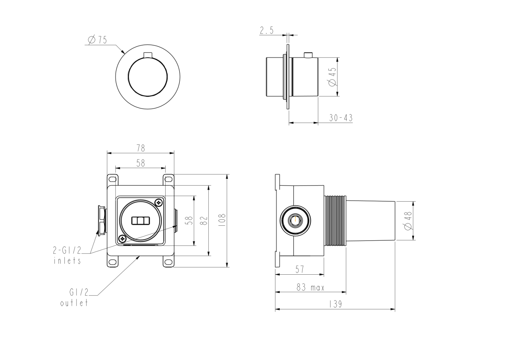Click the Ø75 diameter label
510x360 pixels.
[97, 40]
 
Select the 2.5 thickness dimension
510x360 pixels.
[267, 31]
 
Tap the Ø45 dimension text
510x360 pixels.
[332, 77]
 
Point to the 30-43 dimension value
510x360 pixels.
[341, 118]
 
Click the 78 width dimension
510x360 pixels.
[140, 148]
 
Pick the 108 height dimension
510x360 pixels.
[222, 221]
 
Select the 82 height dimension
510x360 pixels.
[203, 221]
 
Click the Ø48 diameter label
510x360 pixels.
[408, 221]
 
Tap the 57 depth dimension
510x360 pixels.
[299, 270]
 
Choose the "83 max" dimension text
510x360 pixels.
[310, 288]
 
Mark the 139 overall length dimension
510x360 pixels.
[335, 305]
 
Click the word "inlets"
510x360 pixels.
[67, 261]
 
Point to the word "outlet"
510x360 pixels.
[74, 303]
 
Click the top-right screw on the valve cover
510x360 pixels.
[159, 203]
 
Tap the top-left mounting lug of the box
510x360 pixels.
[112, 179]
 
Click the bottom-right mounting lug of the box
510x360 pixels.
[169, 262]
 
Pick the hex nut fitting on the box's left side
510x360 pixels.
[101, 220]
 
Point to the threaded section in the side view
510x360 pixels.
[335, 220]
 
